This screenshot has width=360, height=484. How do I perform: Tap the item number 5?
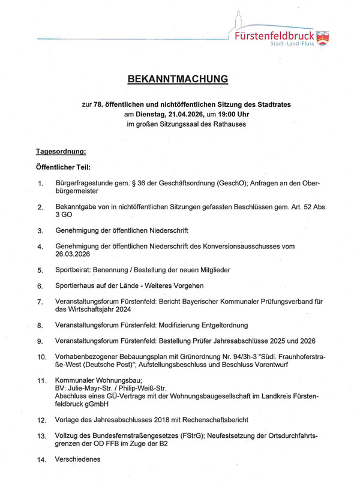point(40,270)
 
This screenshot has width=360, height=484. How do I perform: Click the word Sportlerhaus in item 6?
point(76,285)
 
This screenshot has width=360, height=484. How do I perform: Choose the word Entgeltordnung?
point(219,325)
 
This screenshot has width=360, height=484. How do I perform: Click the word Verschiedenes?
point(78,460)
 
